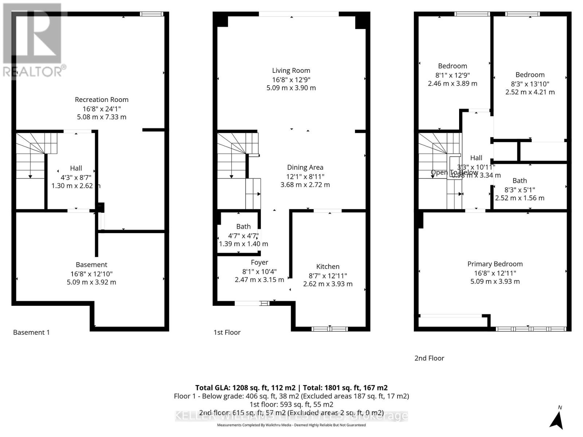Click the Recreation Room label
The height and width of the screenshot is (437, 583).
[x=102, y=99]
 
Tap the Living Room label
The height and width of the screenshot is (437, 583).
[x=291, y=71]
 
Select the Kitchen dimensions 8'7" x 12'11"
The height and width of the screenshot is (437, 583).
[x=328, y=276]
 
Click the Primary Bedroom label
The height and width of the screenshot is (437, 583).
[x=495, y=264]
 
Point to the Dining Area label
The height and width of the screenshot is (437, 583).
[x=305, y=168]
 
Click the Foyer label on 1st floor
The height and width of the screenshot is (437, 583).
[x=259, y=262]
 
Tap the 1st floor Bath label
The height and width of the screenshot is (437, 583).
[x=243, y=227]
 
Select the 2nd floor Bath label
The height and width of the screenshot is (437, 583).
[x=520, y=181]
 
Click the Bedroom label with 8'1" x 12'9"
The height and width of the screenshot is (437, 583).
[x=452, y=66]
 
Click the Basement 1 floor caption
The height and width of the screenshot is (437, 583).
[x=31, y=332]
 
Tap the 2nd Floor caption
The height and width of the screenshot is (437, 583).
[x=429, y=358]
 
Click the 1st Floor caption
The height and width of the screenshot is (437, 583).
[x=227, y=332]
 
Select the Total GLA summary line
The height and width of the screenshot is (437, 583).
[x=291, y=387]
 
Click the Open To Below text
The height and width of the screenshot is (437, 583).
[x=454, y=172]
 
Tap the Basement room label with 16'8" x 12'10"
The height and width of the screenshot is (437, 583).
[x=91, y=265]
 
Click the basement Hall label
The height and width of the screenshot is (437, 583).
[x=76, y=168]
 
